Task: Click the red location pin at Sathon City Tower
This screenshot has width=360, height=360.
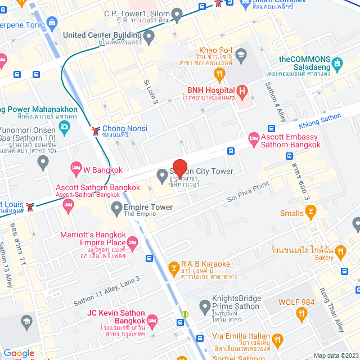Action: pyautogui.click(x=179, y=168)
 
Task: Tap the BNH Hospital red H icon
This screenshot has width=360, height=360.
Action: pyautogui.click(x=242, y=91)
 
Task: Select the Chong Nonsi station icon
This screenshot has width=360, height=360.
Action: pyautogui.click(x=96, y=130)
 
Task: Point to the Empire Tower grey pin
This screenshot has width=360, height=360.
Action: pyautogui.click(x=116, y=209)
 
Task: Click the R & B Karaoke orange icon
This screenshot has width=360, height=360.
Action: pyautogui.click(x=174, y=268)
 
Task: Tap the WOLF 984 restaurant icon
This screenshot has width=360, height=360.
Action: pyautogui.click(x=302, y=313)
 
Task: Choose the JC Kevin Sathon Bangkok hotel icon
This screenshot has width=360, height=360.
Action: pyautogui.click(x=152, y=321)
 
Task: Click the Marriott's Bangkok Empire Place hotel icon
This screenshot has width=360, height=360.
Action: pyautogui.click(x=133, y=242)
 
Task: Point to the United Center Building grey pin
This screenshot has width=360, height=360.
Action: pyautogui.click(x=149, y=38)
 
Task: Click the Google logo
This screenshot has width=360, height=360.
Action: pyautogui.click(x=19, y=353)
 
